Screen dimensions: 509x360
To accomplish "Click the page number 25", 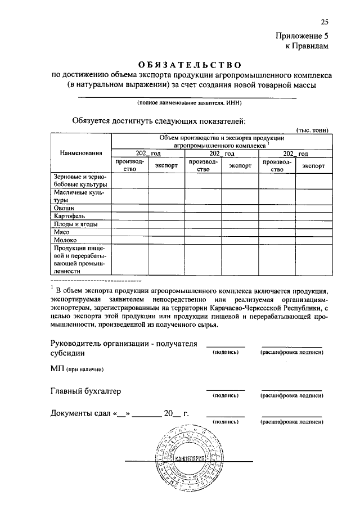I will pyautogui.click(x=324, y=22).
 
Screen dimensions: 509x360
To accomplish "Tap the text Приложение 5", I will pyautogui.click(x=301, y=36).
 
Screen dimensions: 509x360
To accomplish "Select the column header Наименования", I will pyautogui.click(x=81, y=152).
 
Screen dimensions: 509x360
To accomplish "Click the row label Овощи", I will pyautogui.click(x=64, y=208).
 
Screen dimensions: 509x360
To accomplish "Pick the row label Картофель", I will pyautogui.click(x=70, y=215).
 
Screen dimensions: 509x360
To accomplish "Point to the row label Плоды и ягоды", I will pyautogui.click(x=75, y=223).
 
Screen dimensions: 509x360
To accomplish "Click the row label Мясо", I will pyautogui.click(x=62, y=231).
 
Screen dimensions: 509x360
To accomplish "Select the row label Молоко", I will pyautogui.click(x=65, y=239).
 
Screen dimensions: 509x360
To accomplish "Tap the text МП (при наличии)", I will pyautogui.click(x=76, y=368).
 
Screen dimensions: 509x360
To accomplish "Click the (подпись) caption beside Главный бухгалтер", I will pyautogui.click(x=226, y=395).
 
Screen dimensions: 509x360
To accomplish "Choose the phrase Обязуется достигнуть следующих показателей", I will pyautogui.click(x=159, y=120).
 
